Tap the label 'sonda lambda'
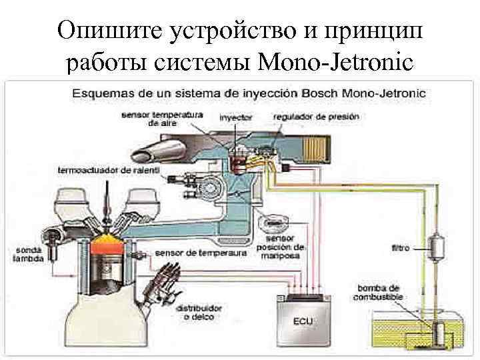29,254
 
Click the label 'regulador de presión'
316,117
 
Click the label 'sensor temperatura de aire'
162,119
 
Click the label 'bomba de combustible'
377,291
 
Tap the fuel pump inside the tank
439,333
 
